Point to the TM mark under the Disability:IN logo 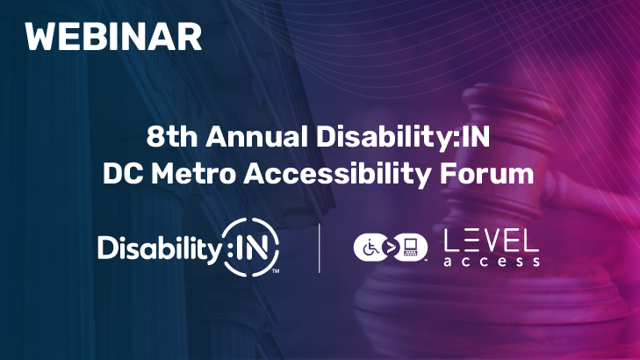coord(274,271)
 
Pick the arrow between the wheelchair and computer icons coord(390,247)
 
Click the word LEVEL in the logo coord(491,239)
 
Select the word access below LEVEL coord(491,262)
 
